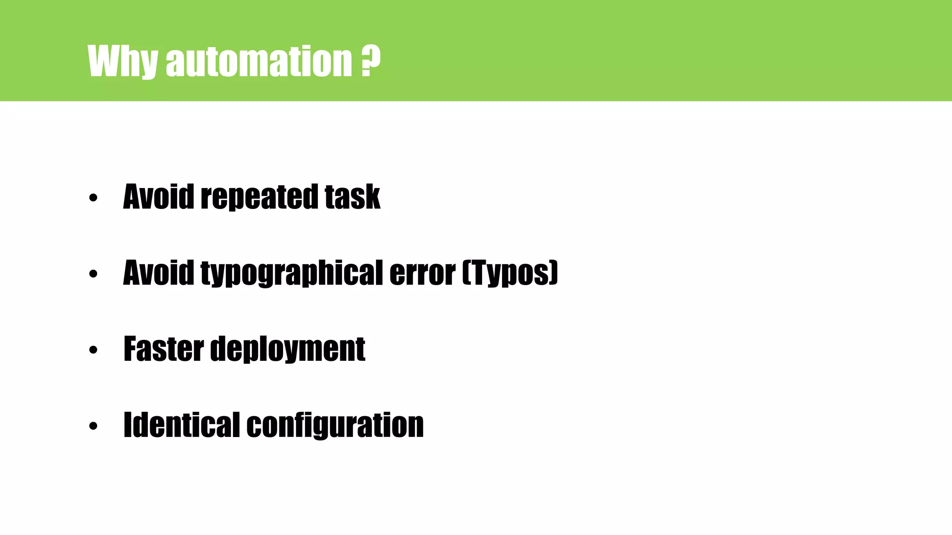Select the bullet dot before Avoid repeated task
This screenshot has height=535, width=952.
93,198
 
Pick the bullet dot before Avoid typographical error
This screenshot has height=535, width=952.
93,274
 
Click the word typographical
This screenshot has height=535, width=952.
291,273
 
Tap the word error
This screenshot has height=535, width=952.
422,273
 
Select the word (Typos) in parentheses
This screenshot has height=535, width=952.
510,273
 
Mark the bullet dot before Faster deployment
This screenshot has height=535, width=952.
93,350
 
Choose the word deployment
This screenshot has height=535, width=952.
288,349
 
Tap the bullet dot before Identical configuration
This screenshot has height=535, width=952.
93,426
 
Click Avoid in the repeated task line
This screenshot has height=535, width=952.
158,196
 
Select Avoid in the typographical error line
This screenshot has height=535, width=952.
158,273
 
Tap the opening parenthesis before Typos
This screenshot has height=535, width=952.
466,273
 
